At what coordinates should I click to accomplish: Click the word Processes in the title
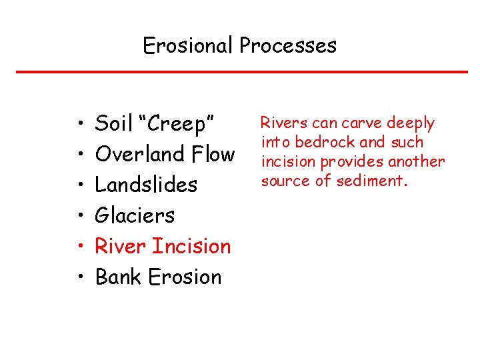288,45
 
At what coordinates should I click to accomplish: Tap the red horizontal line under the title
240,72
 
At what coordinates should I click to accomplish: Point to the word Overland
139,154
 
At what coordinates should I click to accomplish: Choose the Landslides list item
147,185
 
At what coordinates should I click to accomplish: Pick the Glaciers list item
135,215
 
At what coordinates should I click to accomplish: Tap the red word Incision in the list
191,246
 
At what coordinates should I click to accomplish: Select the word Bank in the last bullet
117,277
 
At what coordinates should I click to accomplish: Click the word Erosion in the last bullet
185,277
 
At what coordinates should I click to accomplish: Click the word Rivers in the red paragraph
280,123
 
